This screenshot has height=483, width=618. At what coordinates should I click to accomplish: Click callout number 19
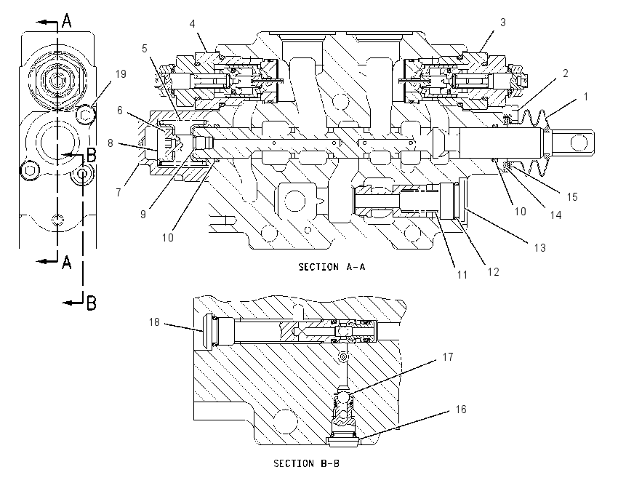pyautogui.click(x=121, y=74)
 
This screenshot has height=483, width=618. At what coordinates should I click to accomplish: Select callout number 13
pyautogui.click(x=539, y=248)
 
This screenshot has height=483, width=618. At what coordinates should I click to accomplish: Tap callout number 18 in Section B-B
pyautogui.click(x=154, y=322)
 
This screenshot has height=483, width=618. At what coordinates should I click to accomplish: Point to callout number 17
pyautogui.click(x=448, y=357)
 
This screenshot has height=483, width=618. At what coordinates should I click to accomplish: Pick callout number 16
pyautogui.click(x=461, y=410)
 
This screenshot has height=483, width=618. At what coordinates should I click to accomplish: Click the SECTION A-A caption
pyautogui.click(x=332, y=267)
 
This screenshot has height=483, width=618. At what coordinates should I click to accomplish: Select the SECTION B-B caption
pyautogui.click(x=306, y=463)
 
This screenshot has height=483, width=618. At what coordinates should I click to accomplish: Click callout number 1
pyautogui.click(x=586, y=97)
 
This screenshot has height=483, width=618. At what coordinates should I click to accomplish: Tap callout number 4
pyautogui.click(x=193, y=24)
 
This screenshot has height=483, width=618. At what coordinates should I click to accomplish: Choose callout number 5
pyautogui.click(x=144, y=49)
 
